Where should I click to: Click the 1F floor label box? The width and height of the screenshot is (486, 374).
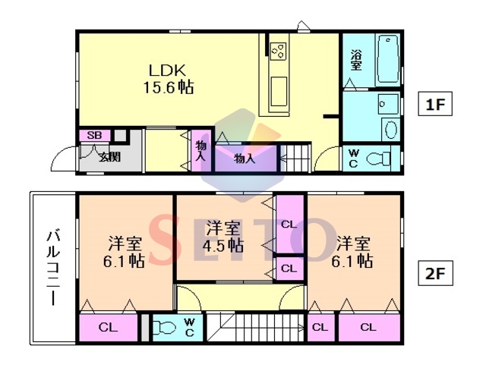435,104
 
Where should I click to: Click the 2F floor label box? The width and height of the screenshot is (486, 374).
435,273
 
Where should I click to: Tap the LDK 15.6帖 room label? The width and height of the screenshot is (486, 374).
168,79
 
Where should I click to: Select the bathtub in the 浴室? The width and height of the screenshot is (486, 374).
388,60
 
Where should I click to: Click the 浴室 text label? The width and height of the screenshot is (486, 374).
356,60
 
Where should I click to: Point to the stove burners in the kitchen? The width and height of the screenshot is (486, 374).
279,51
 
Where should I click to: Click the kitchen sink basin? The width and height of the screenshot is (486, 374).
279,91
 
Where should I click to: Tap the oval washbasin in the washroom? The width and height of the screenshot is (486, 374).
390,130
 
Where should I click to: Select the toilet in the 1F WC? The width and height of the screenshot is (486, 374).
378,159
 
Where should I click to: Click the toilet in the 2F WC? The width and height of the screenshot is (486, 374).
164,327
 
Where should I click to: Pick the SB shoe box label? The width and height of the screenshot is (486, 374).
94,135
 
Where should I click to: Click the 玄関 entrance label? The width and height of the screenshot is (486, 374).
109,157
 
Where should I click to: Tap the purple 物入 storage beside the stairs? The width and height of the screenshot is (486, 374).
245,158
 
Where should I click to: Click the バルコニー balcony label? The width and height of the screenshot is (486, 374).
53,268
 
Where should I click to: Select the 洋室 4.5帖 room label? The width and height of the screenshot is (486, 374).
222,236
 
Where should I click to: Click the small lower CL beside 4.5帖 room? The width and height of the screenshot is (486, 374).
289,269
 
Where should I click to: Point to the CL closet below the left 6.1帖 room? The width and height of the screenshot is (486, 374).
108,327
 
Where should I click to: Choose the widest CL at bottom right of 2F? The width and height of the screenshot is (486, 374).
369,327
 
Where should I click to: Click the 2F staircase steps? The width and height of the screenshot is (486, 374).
255,328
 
